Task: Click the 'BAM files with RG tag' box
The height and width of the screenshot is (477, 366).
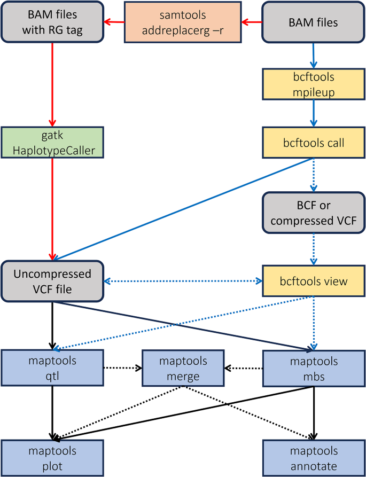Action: [x=52, y=22]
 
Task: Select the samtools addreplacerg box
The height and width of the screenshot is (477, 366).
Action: [x=183, y=22]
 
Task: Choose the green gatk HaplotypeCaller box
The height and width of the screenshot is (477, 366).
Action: [x=52, y=143]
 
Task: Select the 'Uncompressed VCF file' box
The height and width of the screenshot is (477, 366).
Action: [x=52, y=281]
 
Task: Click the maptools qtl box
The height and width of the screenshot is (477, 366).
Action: [x=52, y=368]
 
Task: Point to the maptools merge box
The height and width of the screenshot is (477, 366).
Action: [x=183, y=368]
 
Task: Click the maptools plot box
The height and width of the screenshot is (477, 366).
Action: [x=52, y=458]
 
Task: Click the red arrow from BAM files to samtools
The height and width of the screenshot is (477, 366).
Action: [x=251, y=22]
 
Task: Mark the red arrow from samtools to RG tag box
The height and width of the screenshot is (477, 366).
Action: [x=114, y=22]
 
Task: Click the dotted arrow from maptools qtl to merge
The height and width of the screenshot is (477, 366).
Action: [x=122, y=368]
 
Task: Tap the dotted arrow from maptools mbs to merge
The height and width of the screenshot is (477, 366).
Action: [x=243, y=368]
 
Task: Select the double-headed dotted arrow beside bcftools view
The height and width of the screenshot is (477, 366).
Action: [x=183, y=281]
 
